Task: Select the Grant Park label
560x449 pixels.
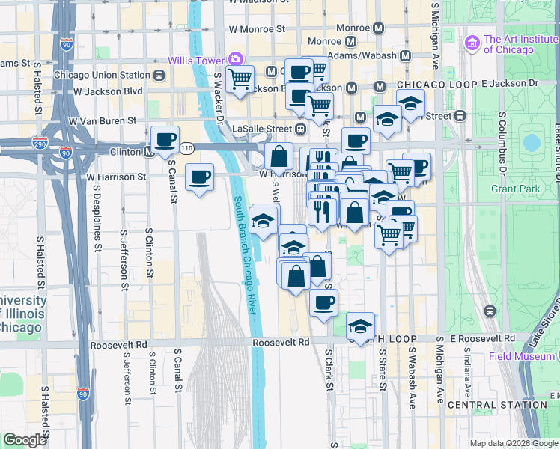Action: pos(532,189)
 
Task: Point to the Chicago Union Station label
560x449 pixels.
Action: pos(102,75)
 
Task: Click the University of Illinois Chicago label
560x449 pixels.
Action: pos(22,314)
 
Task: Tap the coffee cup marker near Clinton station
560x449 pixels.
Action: pos(165,139)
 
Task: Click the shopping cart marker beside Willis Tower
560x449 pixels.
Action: pos(240,79)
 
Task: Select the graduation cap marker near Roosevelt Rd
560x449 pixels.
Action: pos(360,326)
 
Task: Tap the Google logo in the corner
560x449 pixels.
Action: pos(25,440)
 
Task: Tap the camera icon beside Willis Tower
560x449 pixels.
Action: pos(236,58)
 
